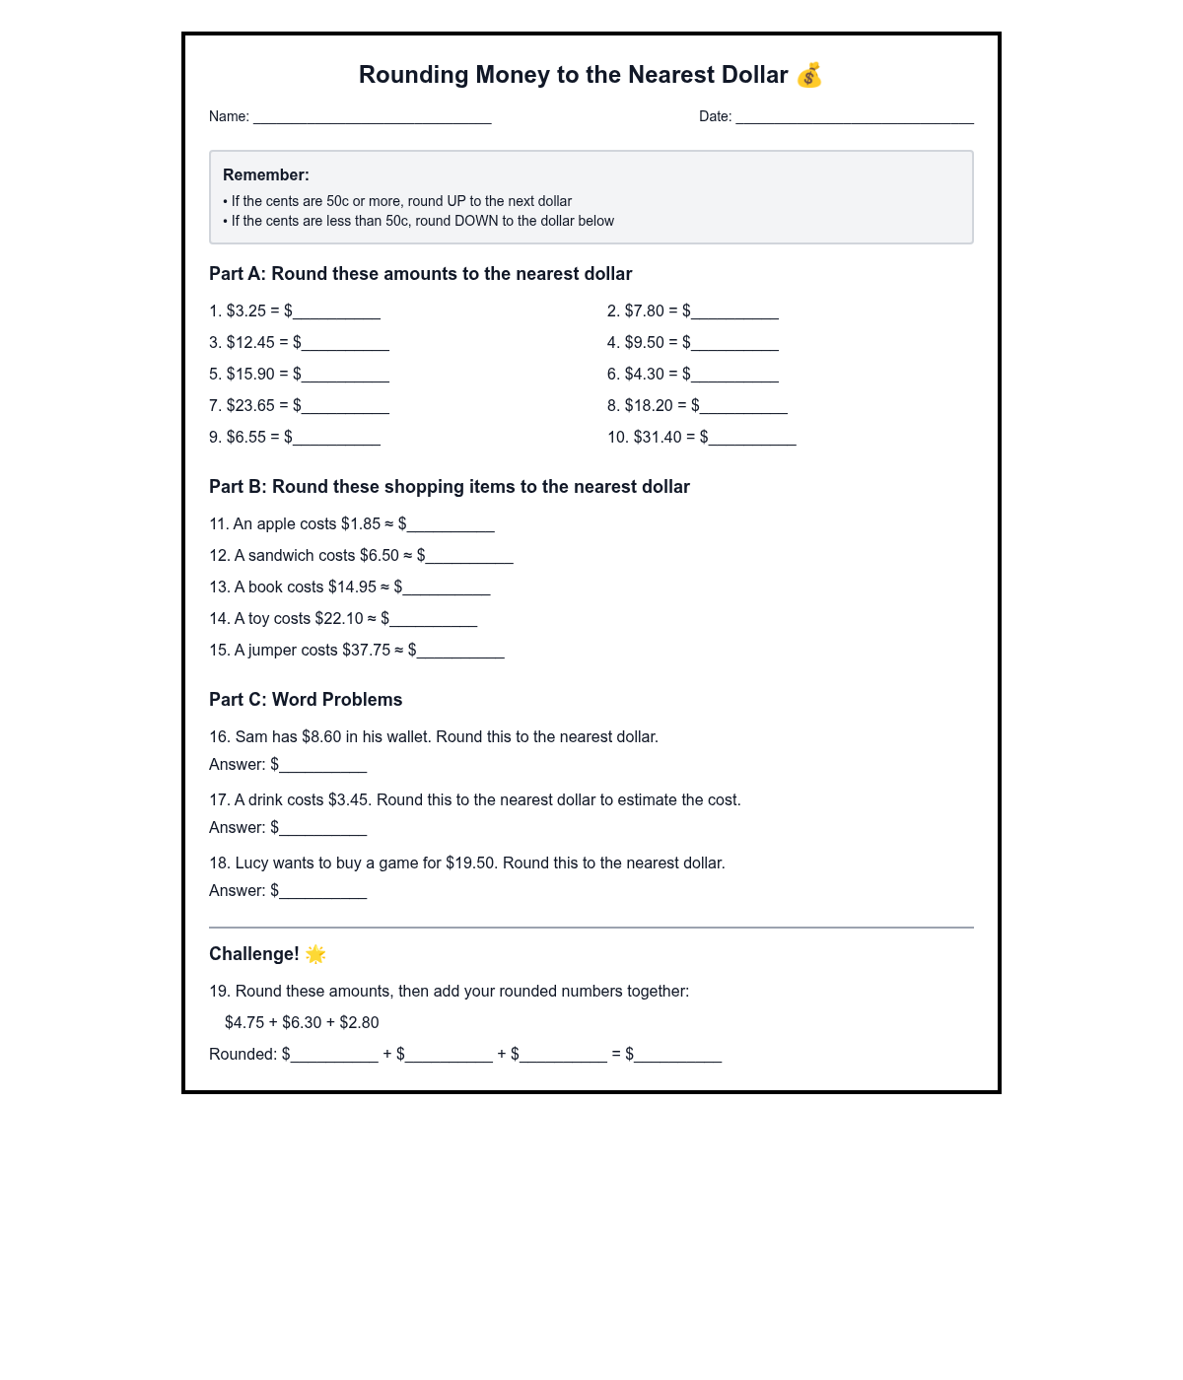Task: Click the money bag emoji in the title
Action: pos(809,75)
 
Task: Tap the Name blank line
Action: pos(372,118)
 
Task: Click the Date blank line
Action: pos(854,118)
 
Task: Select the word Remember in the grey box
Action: pos(265,174)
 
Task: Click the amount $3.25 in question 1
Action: pos(246,310)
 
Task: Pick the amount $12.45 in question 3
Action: pos(250,342)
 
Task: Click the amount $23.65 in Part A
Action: pos(250,405)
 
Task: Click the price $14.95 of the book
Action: pos(352,586)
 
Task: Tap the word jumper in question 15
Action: pos(272,650)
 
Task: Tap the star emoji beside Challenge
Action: pos(315,953)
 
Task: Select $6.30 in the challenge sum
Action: pos(302,1022)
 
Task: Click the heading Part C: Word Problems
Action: pos(306,699)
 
